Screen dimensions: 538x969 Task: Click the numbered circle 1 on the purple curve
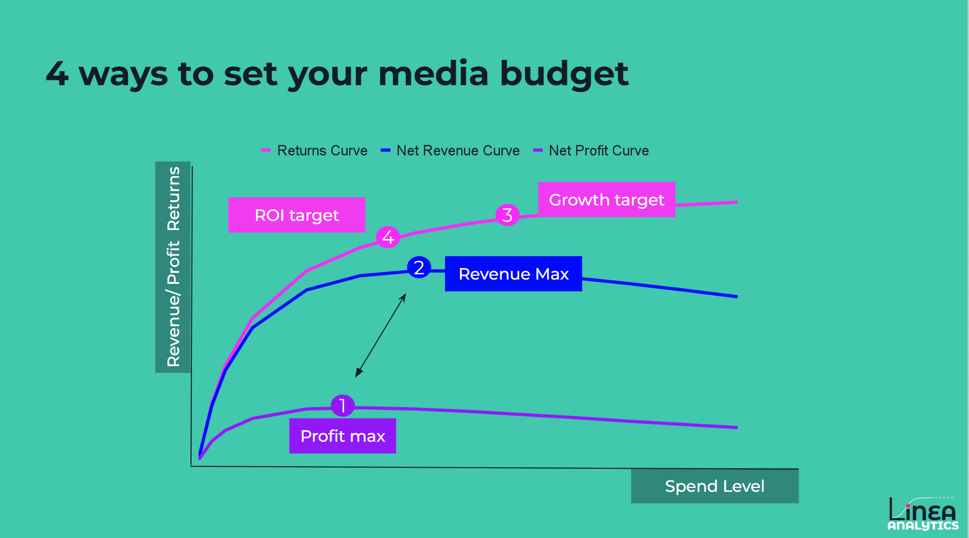[x=343, y=406]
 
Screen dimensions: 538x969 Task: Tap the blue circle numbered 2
[x=419, y=268]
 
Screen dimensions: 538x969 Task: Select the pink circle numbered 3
[x=507, y=215]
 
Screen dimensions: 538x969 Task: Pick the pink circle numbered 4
[x=388, y=237]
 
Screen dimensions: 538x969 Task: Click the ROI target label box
[x=296, y=215]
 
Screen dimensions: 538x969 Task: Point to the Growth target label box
[x=606, y=200]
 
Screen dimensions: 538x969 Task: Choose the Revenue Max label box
[x=513, y=274]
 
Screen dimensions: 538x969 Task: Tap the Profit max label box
[x=343, y=436]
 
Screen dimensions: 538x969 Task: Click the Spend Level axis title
[x=714, y=486]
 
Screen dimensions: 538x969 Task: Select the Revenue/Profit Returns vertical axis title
[x=173, y=267]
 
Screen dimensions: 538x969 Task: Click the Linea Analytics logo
[x=922, y=514]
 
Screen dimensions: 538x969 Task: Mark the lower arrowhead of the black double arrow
[x=357, y=374]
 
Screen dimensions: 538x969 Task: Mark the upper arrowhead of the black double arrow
[x=404, y=296]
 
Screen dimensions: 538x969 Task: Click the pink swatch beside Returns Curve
[x=266, y=151]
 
